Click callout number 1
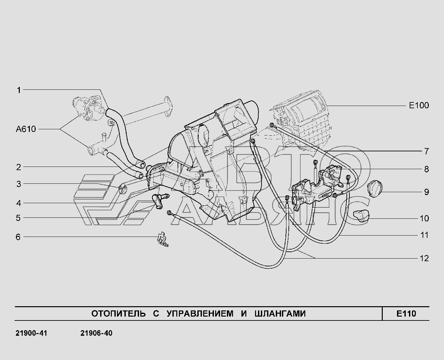click(x=19, y=90)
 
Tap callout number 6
click(x=18, y=237)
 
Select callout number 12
click(x=424, y=258)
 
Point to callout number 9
click(x=426, y=192)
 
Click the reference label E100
click(x=419, y=105)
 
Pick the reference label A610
click(x=26, y=129)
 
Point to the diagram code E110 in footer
click(x=406, y=313)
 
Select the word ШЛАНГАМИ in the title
click(x=280, y=313)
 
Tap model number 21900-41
click(x=31, y=333)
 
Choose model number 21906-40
click(x=96, y=333)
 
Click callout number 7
click(x=426, y=151)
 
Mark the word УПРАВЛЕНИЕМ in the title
click(x=200, y=313)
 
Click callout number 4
click(x=19, y=203)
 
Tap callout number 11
click(x=424, y=235)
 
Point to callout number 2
click(x=19, y=167)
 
